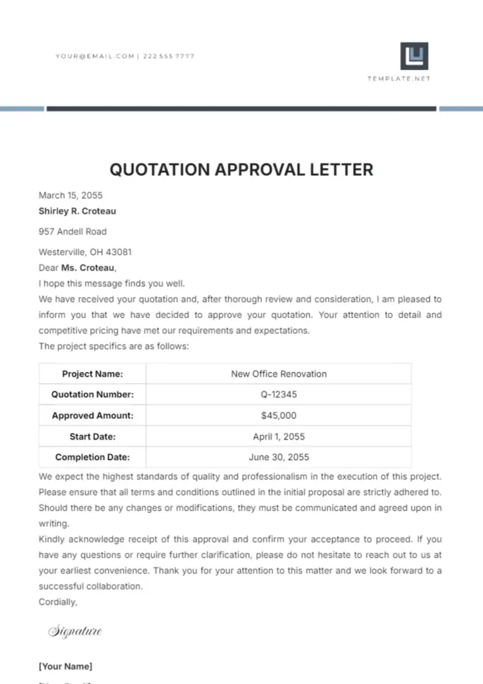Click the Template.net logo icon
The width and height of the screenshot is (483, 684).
(414, 56)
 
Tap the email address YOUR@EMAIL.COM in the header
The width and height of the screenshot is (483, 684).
(95, 57)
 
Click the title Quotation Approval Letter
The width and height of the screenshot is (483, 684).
(242, 169)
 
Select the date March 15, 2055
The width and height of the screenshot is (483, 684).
(71, 196)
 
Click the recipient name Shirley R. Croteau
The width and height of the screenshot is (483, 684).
(78, 211)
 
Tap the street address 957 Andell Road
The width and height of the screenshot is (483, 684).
(73, 232)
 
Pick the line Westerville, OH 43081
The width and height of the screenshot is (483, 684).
(85, 252)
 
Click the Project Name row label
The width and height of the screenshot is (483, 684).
(92, 374)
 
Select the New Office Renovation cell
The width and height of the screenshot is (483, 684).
(279, 374)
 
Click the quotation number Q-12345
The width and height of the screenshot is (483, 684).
(279, 395)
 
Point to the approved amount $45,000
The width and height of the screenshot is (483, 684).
(279, 415)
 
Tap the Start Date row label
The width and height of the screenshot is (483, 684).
(92, 437)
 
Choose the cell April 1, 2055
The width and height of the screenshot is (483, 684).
(279, 437)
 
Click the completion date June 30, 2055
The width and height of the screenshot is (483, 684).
(279, 458)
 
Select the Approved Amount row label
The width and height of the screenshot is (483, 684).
(92, 415)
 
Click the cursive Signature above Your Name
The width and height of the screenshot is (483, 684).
(75, 631)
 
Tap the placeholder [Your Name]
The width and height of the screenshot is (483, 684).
(66, 666)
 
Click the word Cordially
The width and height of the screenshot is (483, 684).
(58, 602)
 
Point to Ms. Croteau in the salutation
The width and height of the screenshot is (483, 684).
(88, 268)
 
